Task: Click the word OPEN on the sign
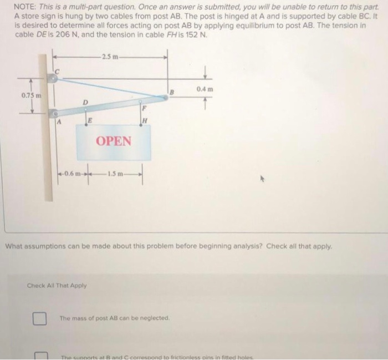(114, 140)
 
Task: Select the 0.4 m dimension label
(205, 89)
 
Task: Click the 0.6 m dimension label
(73, 176)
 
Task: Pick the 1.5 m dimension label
(115, 176)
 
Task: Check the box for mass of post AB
(38, 318)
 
